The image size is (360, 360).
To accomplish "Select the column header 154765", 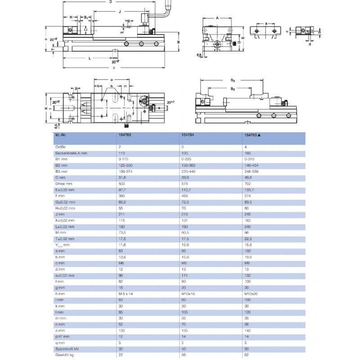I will [x=252, y=135].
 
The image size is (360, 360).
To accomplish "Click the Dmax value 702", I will [x=247, y=184].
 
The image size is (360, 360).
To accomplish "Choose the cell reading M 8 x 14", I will [x=126, y=293].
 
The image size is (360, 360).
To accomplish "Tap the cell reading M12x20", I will [x=250, y=293].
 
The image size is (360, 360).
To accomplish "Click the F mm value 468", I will [x=184, y=196].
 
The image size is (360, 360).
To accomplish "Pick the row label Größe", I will [x=60, y=147].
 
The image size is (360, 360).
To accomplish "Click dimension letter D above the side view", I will [x=111, y=2].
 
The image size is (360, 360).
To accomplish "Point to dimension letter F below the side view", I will [x=114, y=68].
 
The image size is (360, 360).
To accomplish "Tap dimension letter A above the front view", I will [x=217, y=18].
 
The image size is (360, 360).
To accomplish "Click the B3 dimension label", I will [x=233, y=80].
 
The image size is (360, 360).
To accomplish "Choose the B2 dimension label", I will [x=233, y=89].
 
